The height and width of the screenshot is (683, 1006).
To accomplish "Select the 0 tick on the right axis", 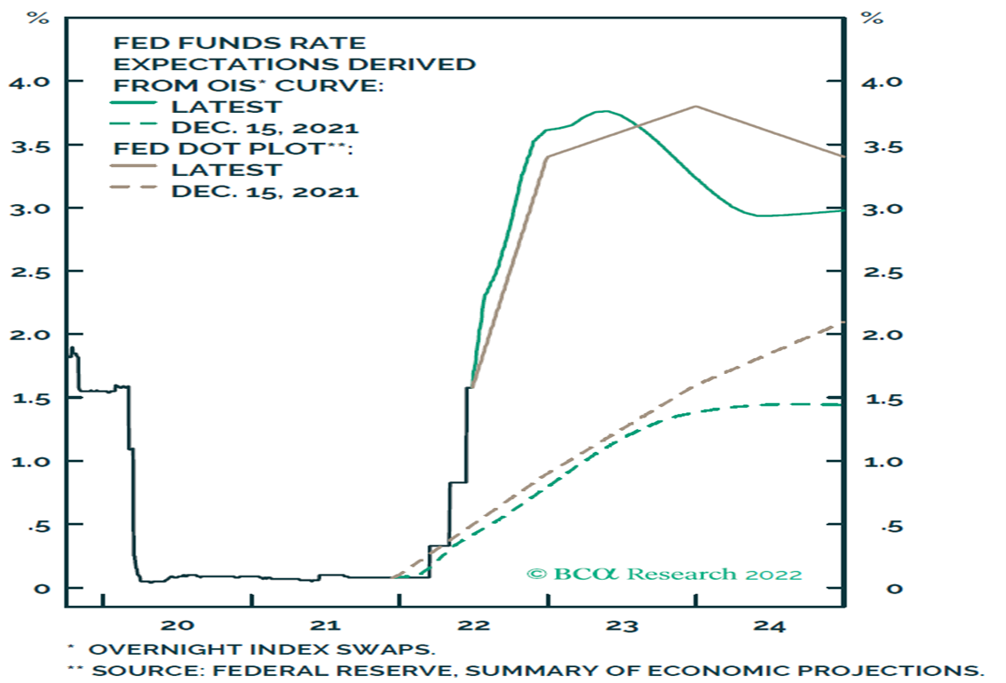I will pyautogui.click(x=871, y=588).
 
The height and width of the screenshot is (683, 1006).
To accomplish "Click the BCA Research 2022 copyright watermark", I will pyautogui.click(x=664, y=574).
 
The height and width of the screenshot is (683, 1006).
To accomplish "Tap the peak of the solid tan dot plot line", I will pyautogui.click(x=695, y=107).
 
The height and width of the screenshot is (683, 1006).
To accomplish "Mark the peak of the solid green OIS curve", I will pyautogui.click(x=604, y=111).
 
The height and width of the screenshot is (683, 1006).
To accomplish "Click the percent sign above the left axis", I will pyautogui.click(x=39, y=18).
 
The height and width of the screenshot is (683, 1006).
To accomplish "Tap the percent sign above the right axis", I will pyautogui.click(x=874, y=18).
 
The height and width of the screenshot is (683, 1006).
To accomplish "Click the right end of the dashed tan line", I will pyautogui.click(x=839, y=323).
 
